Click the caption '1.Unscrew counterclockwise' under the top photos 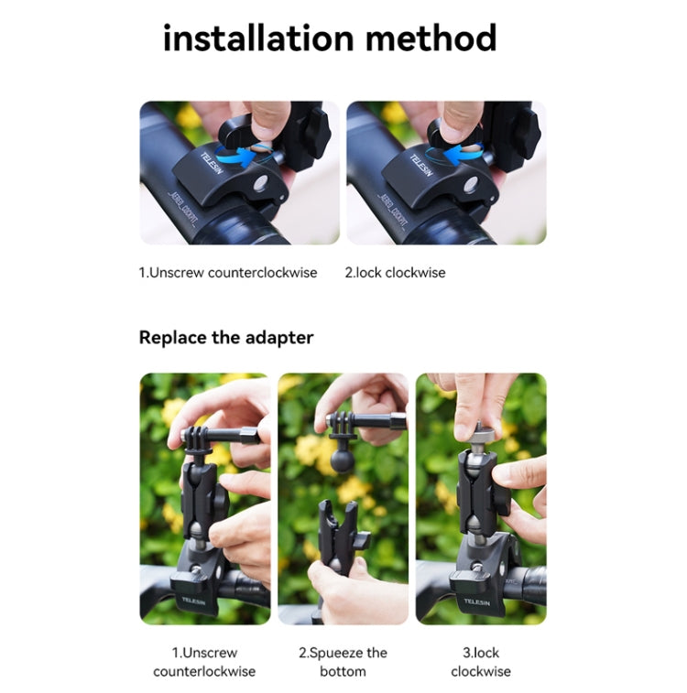pos(228,272)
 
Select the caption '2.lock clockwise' pos(395,272)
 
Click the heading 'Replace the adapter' pos(226,337)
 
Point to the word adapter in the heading pos(279,337)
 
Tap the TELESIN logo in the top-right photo pos(420,165)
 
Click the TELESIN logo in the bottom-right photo pos(477,601)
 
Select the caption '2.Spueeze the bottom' pos(343,662)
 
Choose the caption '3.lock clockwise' pos(481,662)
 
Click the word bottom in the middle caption pos(343,672)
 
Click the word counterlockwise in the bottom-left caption pos(204,672)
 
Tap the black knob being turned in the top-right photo pos(455,132)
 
